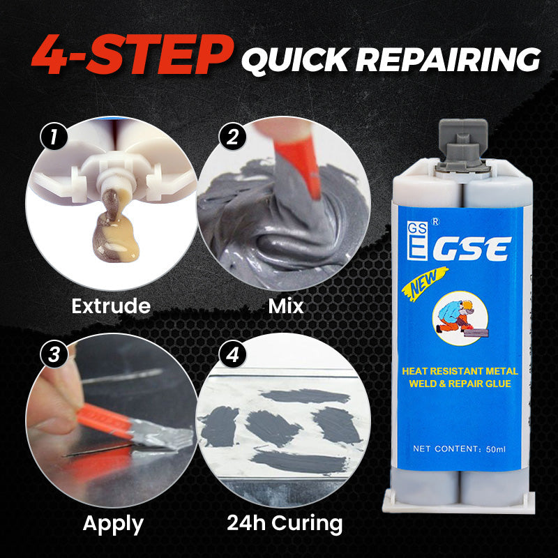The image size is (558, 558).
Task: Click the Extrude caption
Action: (111, 305)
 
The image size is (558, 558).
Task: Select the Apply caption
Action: (113, 523)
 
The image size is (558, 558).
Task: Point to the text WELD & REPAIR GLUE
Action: (461, 384)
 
